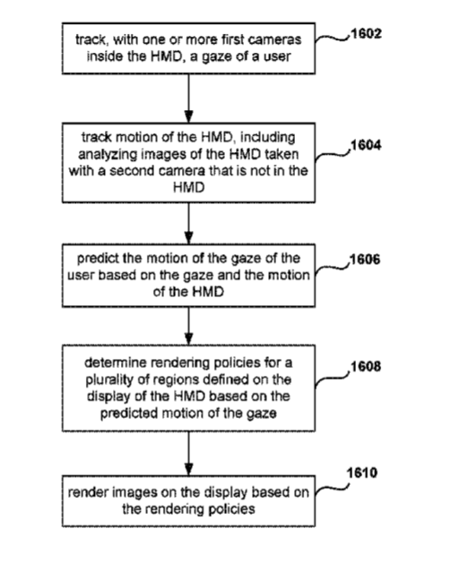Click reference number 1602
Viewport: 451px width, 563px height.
coord(366,34)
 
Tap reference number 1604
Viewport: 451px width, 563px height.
coord(366,145)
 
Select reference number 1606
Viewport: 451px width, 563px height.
coord(365,260)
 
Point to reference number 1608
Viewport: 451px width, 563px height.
coord(366,367)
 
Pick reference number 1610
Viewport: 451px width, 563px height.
coord(362,473)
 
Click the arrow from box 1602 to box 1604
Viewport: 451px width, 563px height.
coord(189,98)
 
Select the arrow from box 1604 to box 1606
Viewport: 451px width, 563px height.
coord(189,224)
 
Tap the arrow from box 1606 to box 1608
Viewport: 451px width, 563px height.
coord(189,326)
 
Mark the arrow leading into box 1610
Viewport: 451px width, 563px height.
coord(189,454)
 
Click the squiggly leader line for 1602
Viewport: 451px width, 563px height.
coord(332,38)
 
